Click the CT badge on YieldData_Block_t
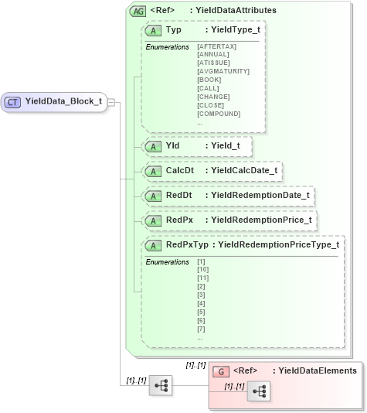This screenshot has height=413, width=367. pyautogui.click(x=13, y=101)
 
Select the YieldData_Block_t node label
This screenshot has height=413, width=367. pyautogui.click(x=63, y=101)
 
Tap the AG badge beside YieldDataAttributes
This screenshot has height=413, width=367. pyautogui.click(x=138, y=11)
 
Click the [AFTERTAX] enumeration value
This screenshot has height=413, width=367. pyautogui.click(x=217, y=47)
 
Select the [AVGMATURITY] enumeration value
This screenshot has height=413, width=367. pyautogui.click(x=223, y=71)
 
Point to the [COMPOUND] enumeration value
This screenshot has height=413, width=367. pyautogui.click(x=219, y=114)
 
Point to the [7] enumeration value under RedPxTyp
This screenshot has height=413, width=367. pyautogui.click(x=202, y=329)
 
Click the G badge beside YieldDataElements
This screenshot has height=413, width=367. pyautogui.click(x=221, y=371)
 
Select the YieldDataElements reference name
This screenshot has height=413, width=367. pyautogui.click(x=317, y=371)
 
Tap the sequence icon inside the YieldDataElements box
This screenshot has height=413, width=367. pyautogui.click(x=259, y=393)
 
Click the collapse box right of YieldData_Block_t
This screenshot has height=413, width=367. pyautogui.click(x=112, y=101)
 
